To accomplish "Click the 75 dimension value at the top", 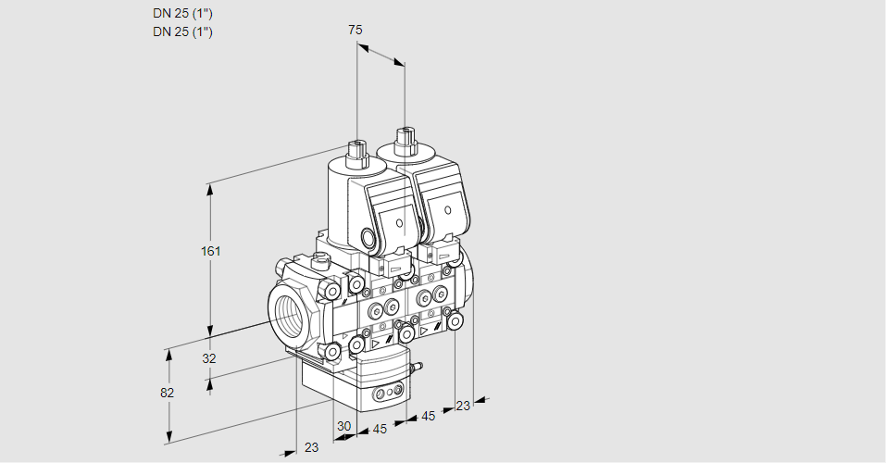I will [x=355, y=30].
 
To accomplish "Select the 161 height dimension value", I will [x=213, y=251].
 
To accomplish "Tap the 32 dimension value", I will [x=209, y=358].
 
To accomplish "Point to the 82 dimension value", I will [x=167, y=393].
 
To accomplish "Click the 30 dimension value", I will [x=343, y=427].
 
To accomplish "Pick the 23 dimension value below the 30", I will [x=311, y=447].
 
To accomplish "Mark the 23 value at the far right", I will [x=463, y=405].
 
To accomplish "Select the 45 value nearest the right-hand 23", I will [x=428, y=417].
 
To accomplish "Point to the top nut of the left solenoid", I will [x=356, y=148].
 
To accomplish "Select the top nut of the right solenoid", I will [x=404, y=140].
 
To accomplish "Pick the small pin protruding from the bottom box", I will [x=416, y=369].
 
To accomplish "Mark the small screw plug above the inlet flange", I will [x=321, y=259].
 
